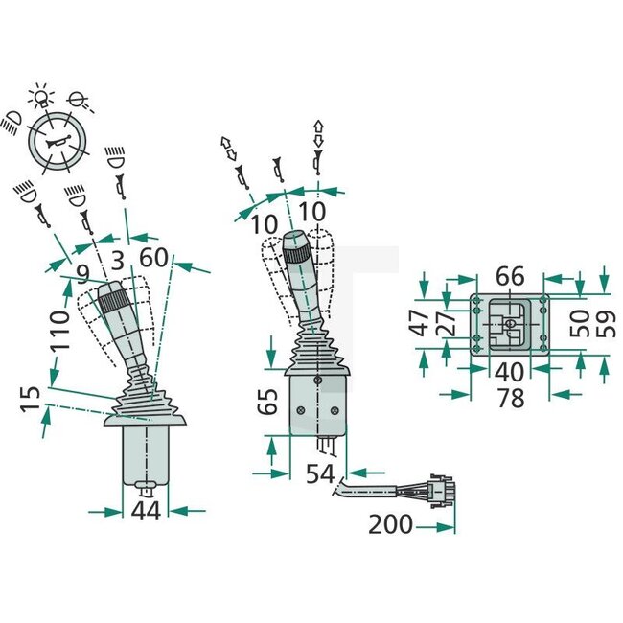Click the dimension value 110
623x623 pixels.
(60, 328)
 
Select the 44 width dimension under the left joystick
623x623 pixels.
(146, 512)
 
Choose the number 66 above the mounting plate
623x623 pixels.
(510, 276)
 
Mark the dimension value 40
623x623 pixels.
(510, 370)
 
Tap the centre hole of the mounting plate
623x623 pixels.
(511, 323)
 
